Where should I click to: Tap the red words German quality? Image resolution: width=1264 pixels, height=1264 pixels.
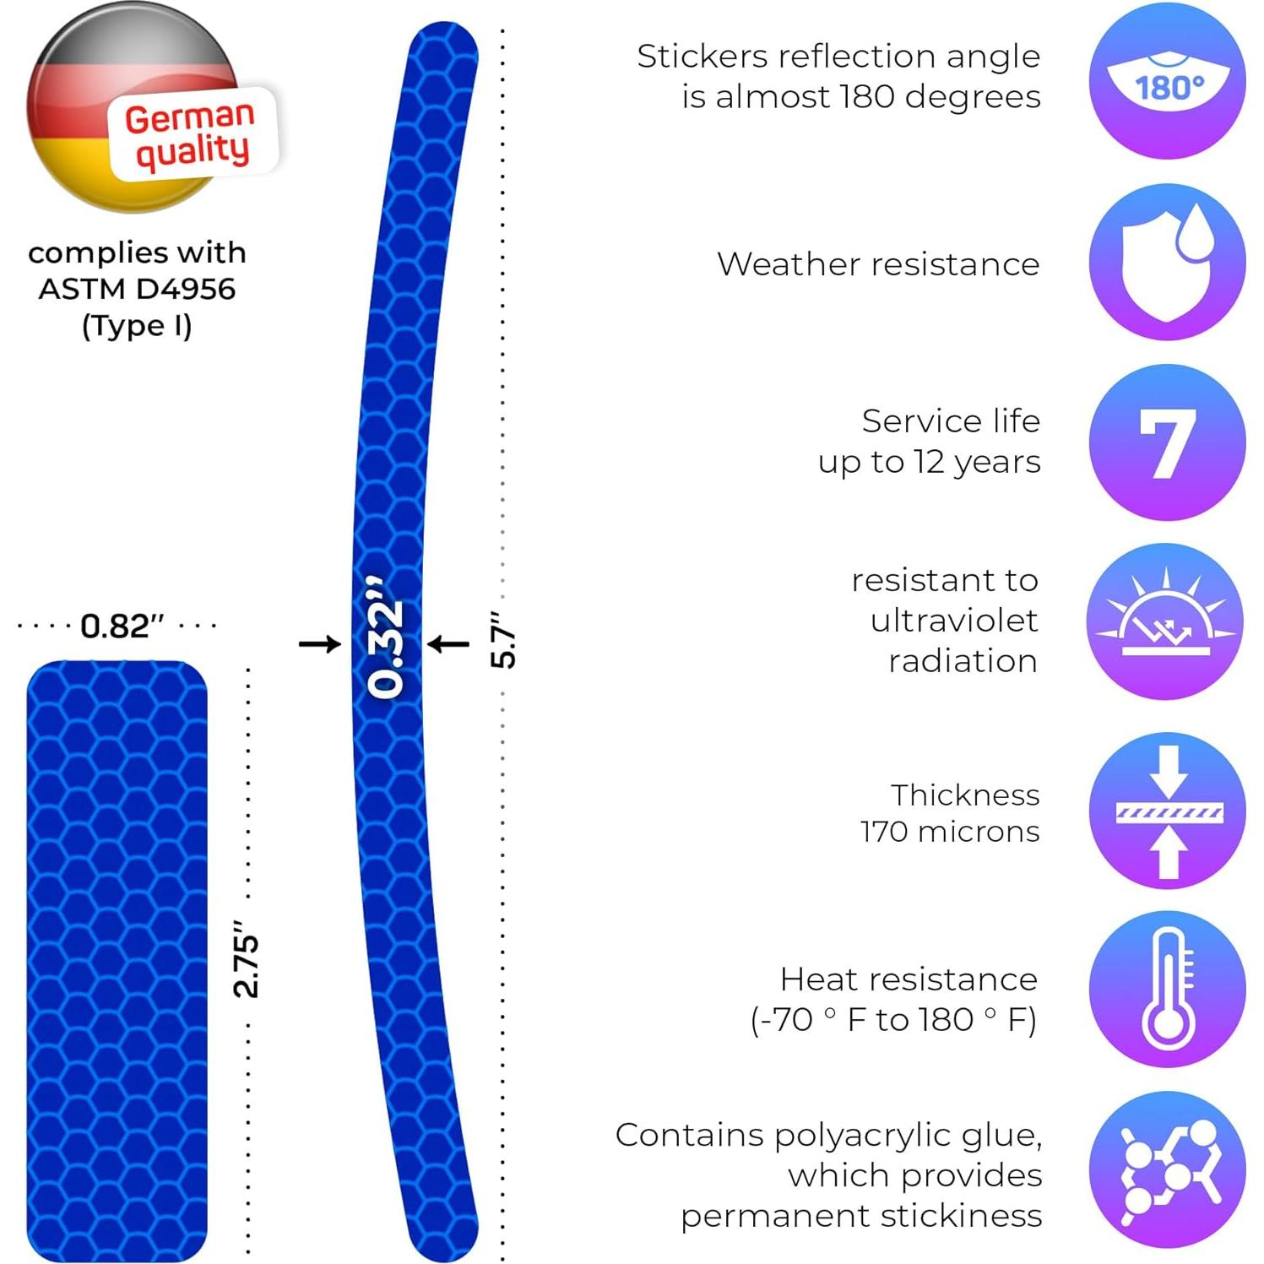(x=192, y=134)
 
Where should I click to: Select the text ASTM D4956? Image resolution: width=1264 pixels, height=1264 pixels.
(x=137, y=289)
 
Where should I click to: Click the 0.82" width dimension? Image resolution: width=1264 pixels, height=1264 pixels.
(x=122, y=627)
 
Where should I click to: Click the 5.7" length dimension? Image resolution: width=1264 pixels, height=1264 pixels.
(x=503, y=640)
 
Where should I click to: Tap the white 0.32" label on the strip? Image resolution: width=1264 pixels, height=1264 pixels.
(x=387, y=638)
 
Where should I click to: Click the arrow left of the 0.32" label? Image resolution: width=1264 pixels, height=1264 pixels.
(x=320, y=644)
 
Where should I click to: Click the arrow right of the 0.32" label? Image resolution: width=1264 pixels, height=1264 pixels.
(x=448, y=644)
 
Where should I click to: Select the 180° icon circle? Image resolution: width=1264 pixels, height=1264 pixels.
(x=1167, y=82)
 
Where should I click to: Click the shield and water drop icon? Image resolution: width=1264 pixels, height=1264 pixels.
(x=1167, y=263)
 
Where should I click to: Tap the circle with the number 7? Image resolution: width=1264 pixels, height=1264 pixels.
(x=1167, y=442)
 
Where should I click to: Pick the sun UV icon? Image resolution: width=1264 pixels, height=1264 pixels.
(x=1165, y=621)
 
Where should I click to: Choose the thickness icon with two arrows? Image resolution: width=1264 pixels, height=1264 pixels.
(x=1167, y=811)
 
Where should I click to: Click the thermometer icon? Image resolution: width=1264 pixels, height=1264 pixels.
(x=1167, y=989)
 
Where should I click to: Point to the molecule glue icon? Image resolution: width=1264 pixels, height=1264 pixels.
(x=1167, y=1169)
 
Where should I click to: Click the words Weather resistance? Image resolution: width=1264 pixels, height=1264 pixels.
(x=878, y=264)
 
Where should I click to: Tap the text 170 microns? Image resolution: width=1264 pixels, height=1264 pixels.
(x=950, y=832)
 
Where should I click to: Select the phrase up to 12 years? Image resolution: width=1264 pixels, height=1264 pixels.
(x=929, y=462)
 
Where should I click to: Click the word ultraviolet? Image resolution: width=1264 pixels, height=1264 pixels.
(x=954, y=621)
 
